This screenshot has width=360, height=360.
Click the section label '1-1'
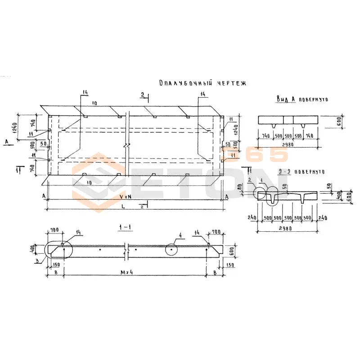(x=124, y=228)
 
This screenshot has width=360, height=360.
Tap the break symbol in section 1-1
(x=127, y=250)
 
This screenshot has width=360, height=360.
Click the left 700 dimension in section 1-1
(x=54, y=230)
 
